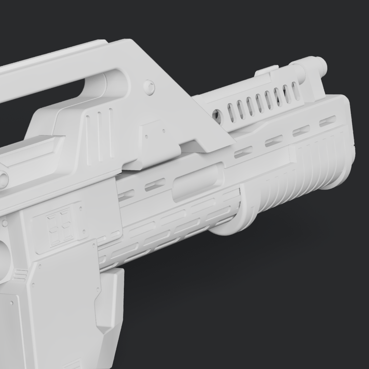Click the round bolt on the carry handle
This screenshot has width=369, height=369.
(149, 87)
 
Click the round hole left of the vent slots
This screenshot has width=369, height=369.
(216, 115)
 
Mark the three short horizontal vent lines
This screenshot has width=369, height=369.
(21, 274)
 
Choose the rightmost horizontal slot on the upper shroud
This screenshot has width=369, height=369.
(327, 121)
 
